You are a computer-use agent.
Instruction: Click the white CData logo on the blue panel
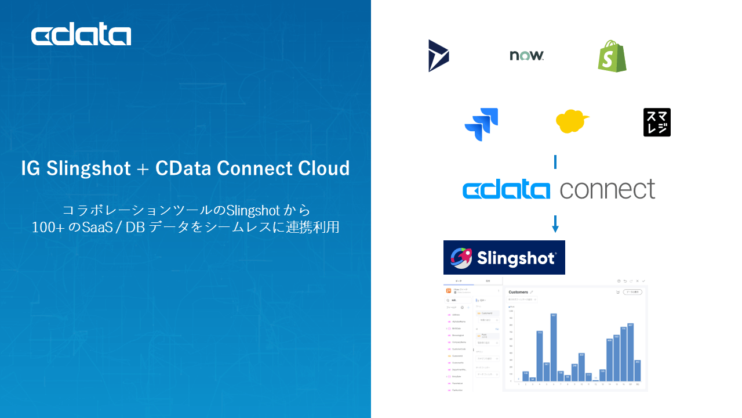click(x=81, y=35)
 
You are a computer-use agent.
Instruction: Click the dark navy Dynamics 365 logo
click(x=438, y=56)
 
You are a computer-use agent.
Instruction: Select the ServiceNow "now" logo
click(x=526, y=56)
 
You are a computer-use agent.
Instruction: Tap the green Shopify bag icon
click(x=612, y=56)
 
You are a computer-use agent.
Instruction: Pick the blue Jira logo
click(x=481, y=124)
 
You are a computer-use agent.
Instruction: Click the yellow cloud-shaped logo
click(x=572, y=121)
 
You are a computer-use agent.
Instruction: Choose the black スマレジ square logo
click(x=657, y=122)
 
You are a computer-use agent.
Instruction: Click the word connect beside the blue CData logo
click(x=608, y=189)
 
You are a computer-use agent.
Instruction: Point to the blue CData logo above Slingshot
click(x=506, y=190)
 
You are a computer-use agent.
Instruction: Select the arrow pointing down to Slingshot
click(x=555, y=224)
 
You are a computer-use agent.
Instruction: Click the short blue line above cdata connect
click(x=555, y=161)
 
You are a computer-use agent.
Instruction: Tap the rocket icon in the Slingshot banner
click(x=461, y=258)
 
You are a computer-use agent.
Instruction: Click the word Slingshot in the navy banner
click(x=517, y=258)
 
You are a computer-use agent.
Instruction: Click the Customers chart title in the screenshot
click(x=518, y=292)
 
